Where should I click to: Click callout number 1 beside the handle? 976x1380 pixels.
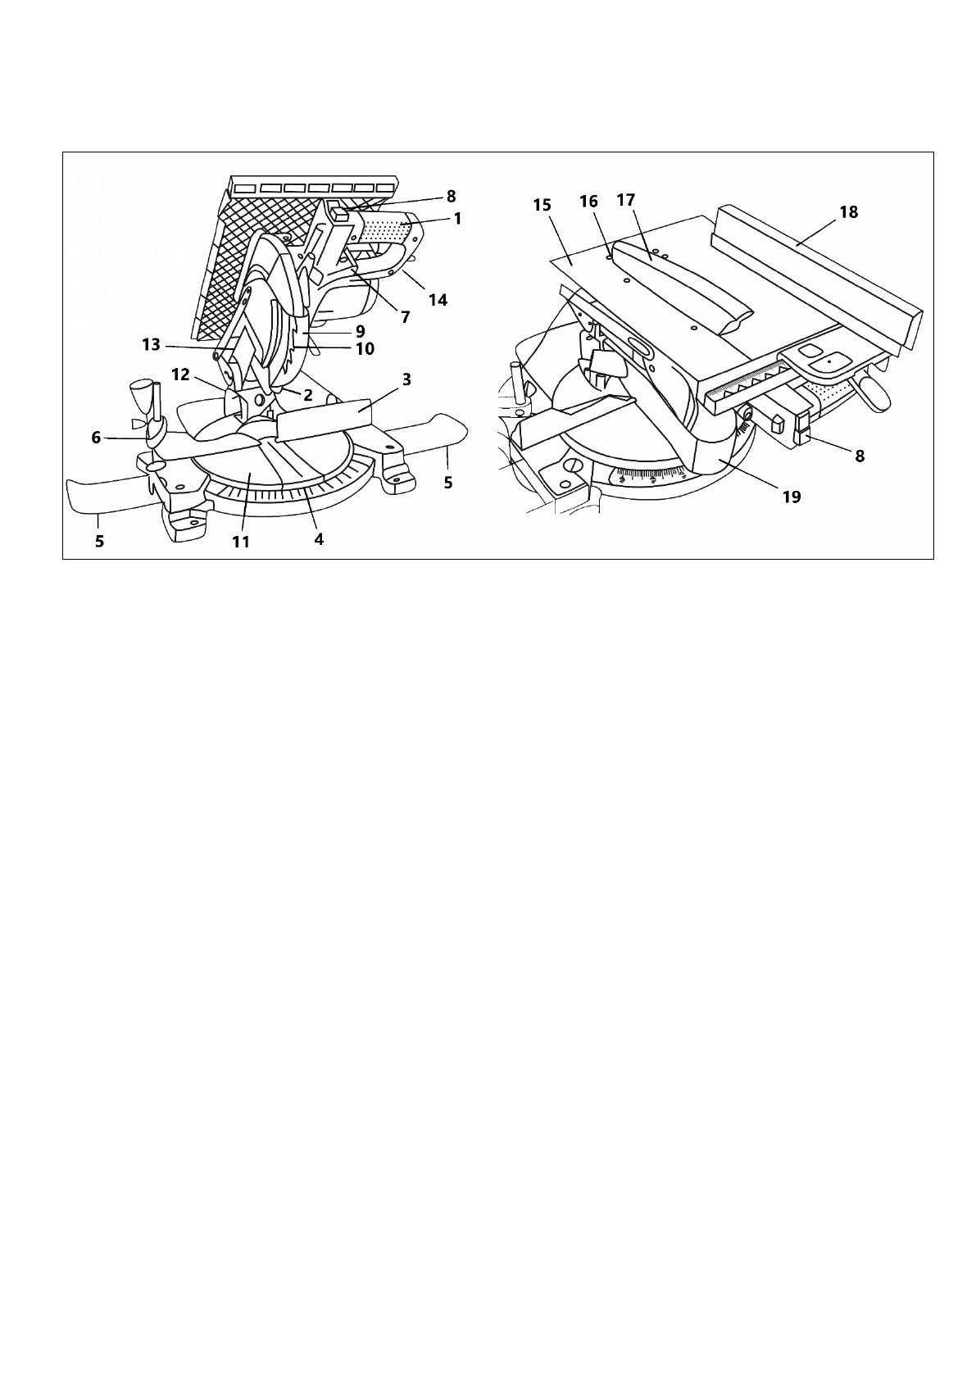(x=457, y=219)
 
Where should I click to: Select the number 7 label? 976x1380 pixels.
(x=406, y=315)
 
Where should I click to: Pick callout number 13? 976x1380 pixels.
(x=152, y=344)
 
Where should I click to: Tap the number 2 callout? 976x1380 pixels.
(x=307, y=393)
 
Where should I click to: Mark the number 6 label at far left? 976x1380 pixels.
(x=96, y=438)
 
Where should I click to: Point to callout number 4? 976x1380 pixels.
(x=319, y=538)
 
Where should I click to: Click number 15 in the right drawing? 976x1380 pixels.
(x=542, y=203)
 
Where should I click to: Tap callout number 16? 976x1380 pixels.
(x=588, y=201)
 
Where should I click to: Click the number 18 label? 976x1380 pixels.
(x=848, y=211)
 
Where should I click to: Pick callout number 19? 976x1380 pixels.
(x=792, y=496)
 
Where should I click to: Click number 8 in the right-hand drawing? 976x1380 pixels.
(x=860, y=457)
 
